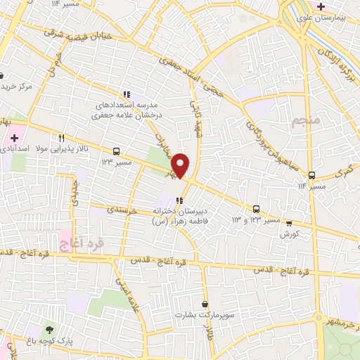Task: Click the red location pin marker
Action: point(181,165)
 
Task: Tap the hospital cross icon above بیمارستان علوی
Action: point(321,7)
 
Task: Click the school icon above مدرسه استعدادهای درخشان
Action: point(127,94)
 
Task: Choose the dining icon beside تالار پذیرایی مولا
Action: point(62,138)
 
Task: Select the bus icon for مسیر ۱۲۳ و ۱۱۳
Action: point(257,208)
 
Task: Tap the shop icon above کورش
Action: point(289,223)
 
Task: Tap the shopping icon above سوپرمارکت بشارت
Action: point(205,304)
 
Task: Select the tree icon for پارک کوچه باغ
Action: point(49,328)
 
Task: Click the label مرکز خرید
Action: point(17,86)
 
